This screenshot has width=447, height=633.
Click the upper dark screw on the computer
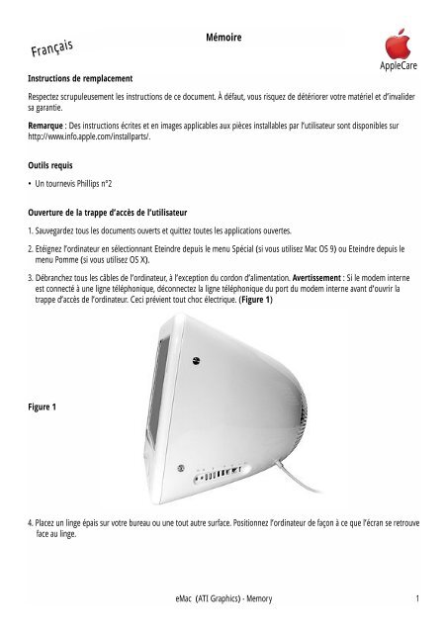(181, 470)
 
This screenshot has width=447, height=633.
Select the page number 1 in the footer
(419, 597)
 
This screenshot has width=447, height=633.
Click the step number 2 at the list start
(31, 251)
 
